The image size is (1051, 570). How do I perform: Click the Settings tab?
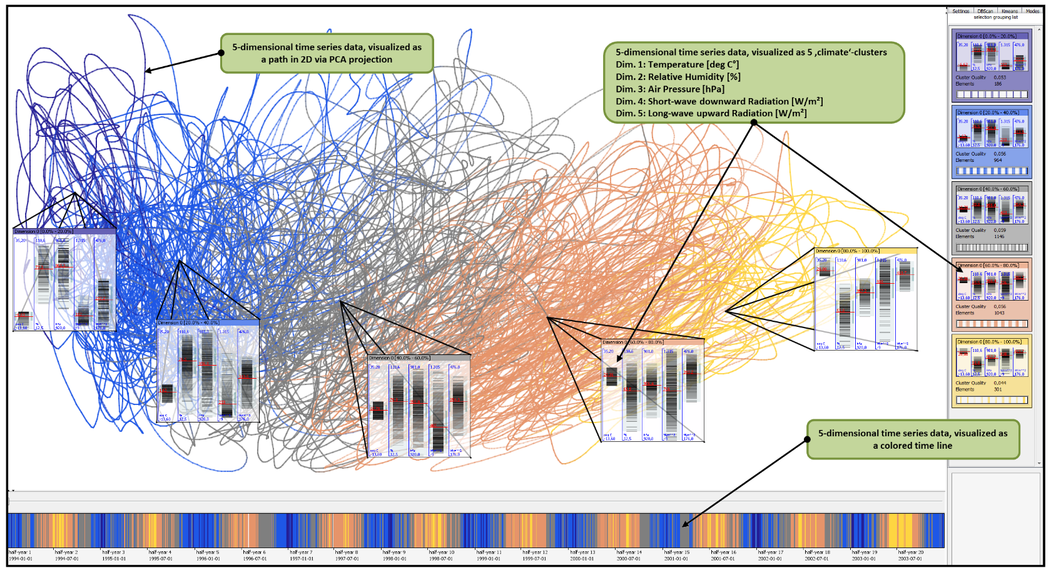(x=960, y=11)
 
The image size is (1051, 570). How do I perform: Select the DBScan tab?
(x=985, y=11)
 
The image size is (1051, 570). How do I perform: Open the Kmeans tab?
(x=1009, y=11)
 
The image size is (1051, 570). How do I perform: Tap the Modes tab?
(x=1032, y=11)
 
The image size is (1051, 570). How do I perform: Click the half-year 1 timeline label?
(x=19, y=552)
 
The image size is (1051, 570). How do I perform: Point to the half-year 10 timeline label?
(x=442, y=552)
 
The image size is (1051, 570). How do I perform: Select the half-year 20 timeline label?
(x=910, y=552)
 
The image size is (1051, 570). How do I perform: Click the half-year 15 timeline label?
(x=676, y=552)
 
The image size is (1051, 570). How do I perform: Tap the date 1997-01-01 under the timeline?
(x=301, y=559)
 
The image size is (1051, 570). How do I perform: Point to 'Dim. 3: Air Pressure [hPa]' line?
(x=670, y=89)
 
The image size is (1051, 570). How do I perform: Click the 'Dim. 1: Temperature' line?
(x=677, y=64)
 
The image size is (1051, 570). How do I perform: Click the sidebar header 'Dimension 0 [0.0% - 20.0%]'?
(x=987, y=36)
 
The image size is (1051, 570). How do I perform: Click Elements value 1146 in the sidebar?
(x=999, y=236)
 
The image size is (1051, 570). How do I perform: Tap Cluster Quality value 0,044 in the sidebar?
(x=1000, y=383)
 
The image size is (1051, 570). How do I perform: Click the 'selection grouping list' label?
(x=995, y=17)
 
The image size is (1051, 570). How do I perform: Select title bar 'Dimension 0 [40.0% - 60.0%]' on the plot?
(x=400, y=358)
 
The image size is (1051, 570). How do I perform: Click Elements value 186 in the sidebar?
(x=998, y=84)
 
